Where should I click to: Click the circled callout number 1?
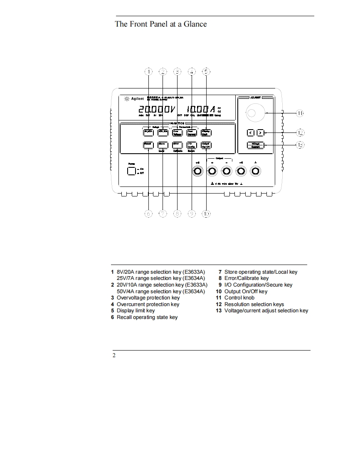tap(149, 72)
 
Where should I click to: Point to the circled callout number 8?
tap(178, 213)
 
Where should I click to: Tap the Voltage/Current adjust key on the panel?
tap(255, 145)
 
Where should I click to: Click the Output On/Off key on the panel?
tap(206, 145)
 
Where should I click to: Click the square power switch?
tap(131, 171)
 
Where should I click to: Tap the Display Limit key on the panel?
tap(206, 132)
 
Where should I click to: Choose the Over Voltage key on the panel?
tap(178, 132)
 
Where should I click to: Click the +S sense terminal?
tap(198, 171)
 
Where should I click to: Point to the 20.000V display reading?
tap(156, 110)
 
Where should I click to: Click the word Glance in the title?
tap(193, 24)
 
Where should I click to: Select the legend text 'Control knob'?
tap(239, 297)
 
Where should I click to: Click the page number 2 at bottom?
tap(114, 356)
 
